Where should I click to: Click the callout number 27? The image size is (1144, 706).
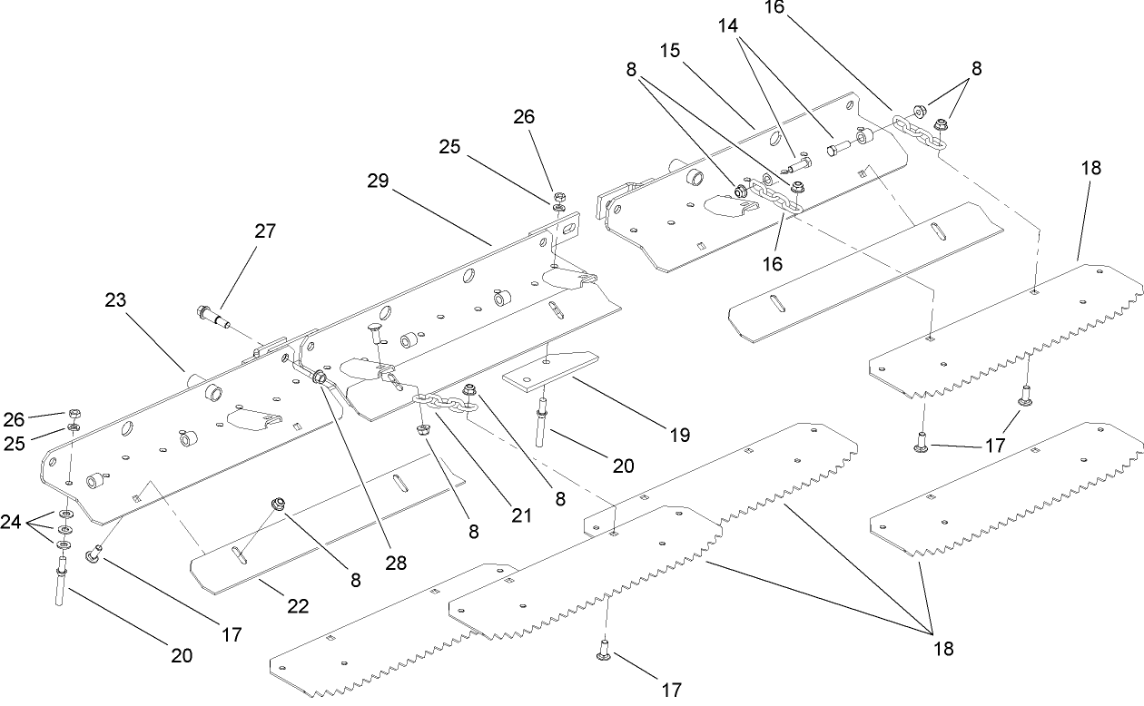[x=264, y=230]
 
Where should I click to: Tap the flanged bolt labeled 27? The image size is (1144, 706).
[x=210, y=316]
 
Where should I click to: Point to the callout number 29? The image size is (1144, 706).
[x=379, y=181]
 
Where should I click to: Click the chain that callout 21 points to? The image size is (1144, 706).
[x=445, y=404]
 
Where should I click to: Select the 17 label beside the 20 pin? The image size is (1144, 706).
[x=232, y=634]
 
